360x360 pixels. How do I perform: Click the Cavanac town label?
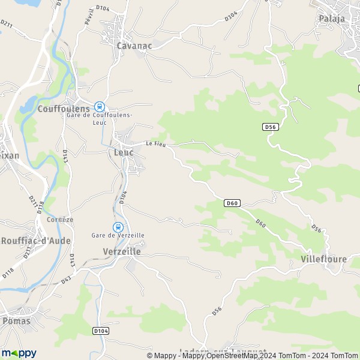click(134, 45)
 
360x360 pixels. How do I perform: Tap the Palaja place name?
click(332, 18)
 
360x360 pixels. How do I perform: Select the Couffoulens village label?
click(64, 109)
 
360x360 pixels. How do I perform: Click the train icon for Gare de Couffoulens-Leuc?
click(100, 106)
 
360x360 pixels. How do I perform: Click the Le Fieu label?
click(157, 144)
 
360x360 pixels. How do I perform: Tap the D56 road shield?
click(269, 127)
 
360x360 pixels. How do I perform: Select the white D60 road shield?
click(233, 203)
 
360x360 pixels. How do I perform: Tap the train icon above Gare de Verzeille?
click(118, 227)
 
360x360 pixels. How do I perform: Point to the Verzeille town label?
click(121, 251)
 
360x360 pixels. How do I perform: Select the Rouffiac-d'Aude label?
click(36, 241)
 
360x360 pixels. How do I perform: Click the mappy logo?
click(19, 353)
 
